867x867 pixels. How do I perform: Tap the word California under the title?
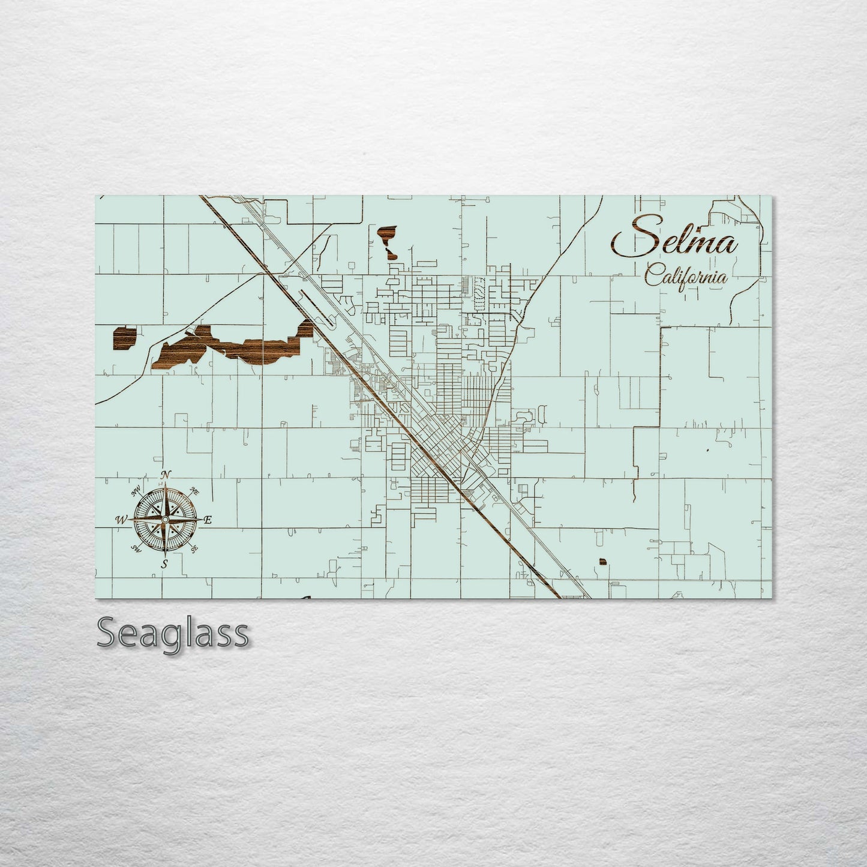(686, 277)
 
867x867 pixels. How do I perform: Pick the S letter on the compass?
(164, 563)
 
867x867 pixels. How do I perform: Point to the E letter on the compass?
(208, 520)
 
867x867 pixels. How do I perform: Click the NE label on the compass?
(194, 490)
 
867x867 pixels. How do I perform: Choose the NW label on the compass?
(137, 491)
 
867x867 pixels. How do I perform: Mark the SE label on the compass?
(194, 548)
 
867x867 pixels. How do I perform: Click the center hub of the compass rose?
(165, 519)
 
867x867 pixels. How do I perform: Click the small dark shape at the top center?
(388, 240)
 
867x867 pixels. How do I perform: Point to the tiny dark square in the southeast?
(602, 562)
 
